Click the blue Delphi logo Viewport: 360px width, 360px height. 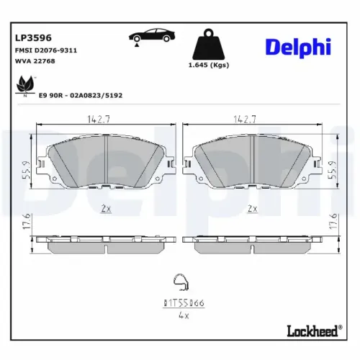tap(297, 47)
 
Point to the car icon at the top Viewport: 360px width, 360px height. tap(152, 37)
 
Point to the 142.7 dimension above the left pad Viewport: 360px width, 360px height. tap(106, 120)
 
